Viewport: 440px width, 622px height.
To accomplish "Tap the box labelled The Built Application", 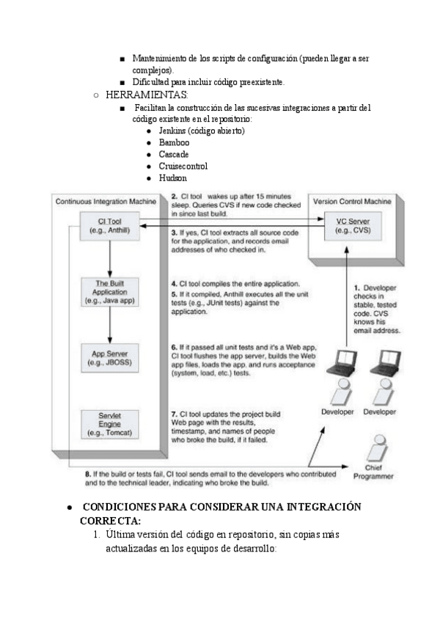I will [x=109, y=290].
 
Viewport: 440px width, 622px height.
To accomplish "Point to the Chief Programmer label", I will [x=373, y=472].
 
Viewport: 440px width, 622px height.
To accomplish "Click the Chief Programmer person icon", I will [x=377, y=447].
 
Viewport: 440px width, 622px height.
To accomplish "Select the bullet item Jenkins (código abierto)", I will [x=201, y=130].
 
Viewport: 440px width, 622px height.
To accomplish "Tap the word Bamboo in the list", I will [x=174, y=142].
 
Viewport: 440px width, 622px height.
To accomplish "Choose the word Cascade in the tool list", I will [x=174, y=154].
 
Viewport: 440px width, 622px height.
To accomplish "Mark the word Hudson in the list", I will [x=173, y=178].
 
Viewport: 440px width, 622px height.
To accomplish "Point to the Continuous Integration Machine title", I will [x=106, y=200].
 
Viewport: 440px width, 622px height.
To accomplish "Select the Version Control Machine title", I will [x=352, y=200].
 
